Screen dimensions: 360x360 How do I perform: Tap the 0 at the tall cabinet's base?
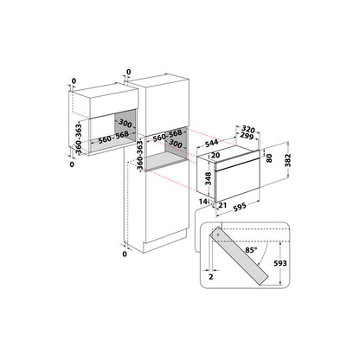[x=125, y=255]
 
